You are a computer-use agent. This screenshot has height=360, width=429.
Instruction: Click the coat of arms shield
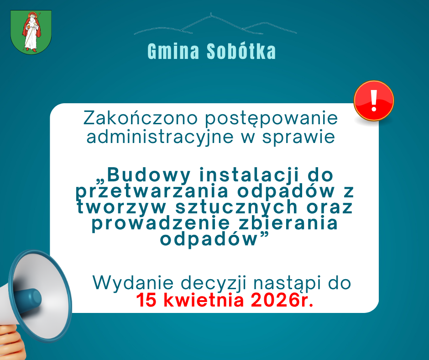point(31,32)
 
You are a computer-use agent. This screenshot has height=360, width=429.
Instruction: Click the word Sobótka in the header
point(241,52)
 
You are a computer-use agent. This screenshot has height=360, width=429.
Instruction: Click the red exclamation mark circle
point(374,101)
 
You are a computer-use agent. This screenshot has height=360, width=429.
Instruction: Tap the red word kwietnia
point(201,301)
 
